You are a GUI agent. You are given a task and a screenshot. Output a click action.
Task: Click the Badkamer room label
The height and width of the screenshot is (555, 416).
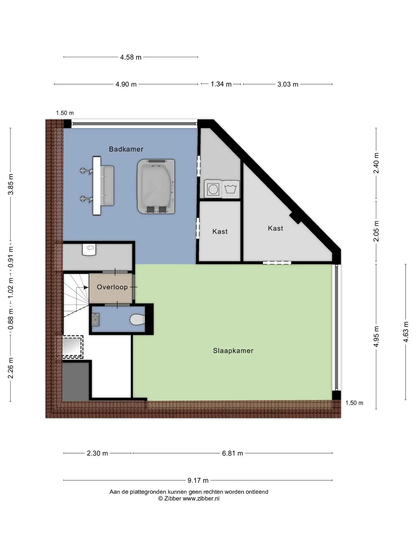click(126, 149)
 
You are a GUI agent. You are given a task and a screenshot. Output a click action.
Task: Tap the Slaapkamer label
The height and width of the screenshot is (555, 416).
click(233, 351)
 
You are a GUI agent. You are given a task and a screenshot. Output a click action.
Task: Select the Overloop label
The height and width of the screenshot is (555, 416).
click(112, 287)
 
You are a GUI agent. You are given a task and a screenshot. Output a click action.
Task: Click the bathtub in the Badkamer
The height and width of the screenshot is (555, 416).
click(156, 186)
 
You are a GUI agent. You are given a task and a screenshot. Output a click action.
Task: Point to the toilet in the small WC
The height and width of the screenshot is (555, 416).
click(137, 320)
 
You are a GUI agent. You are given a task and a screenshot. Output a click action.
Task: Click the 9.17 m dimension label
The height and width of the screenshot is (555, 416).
click(198, 480)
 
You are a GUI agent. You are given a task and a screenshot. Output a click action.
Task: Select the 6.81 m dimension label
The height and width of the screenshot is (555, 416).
click(233, 453)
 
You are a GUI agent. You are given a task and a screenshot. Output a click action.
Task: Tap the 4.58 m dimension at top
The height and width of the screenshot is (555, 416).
click(131, 57)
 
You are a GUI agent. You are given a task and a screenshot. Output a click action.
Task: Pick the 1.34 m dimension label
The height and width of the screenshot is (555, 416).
click(221, 84)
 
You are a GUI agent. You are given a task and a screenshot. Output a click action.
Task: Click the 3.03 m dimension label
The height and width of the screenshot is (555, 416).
click(288, 84)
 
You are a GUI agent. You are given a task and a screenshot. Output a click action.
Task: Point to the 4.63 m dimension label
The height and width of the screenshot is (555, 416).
click(406, 332)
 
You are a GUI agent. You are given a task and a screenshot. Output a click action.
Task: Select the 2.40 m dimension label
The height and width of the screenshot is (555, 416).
click(376, 163)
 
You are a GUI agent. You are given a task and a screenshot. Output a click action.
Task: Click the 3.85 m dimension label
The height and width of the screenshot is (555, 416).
click(11, 184)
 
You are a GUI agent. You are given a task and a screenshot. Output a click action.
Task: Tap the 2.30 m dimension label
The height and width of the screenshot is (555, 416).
click(97, 453)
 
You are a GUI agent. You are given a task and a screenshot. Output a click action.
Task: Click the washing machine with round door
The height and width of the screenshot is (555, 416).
click(213, 189)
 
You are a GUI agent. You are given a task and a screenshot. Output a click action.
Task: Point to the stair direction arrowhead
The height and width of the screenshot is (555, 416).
click(86, 287)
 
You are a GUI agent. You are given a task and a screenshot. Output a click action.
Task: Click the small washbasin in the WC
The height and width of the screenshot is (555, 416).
click(95, 319)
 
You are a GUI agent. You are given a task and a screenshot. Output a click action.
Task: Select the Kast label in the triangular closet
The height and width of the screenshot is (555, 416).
click(275, 228)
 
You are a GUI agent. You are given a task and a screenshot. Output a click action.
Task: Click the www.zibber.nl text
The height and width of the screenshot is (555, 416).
click(201, 498)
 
